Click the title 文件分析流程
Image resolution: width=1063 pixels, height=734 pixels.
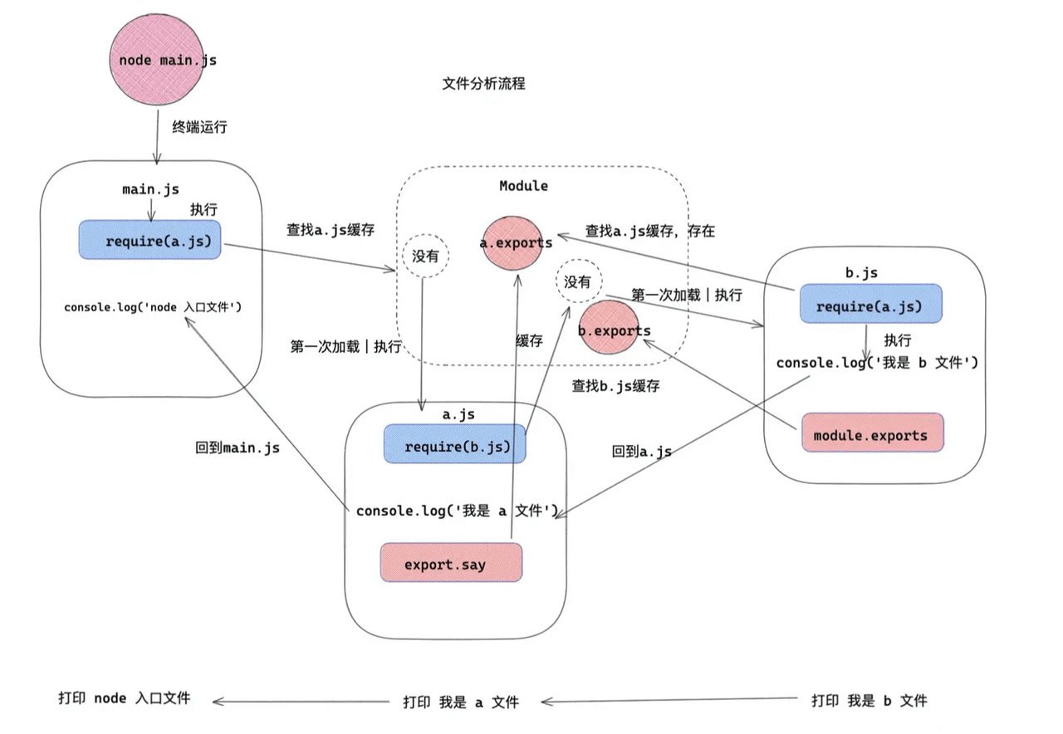(x=483, y=84)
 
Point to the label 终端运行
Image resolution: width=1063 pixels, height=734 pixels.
(x=199, y=127)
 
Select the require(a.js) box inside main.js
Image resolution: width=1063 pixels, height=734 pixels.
(x=150, y=241)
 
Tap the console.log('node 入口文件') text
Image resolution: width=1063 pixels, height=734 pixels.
(x=153, y=307)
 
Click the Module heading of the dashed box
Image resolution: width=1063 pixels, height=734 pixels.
(x=523, y=186)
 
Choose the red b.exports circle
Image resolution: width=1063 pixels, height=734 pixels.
(x=614, y=330)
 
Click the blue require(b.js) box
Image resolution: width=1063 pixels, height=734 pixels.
(x=455, y=447)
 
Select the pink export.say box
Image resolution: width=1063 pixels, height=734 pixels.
(x=451, y=564)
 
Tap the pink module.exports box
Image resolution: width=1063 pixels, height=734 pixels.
(x=872, y=434)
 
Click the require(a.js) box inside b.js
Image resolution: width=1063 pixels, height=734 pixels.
(x=870, y=306)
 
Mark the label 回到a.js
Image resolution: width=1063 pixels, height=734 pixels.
(x=642, y=452)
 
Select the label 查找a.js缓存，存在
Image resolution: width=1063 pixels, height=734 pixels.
(x=650, y=231)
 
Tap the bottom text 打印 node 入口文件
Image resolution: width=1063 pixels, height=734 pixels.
(x=125, y=697)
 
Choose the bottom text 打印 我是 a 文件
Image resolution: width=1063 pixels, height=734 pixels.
(x=461, y=702)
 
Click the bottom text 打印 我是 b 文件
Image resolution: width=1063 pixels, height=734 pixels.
(x=870, y=700)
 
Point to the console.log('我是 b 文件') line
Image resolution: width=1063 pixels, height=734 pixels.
(x=877, y=363)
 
